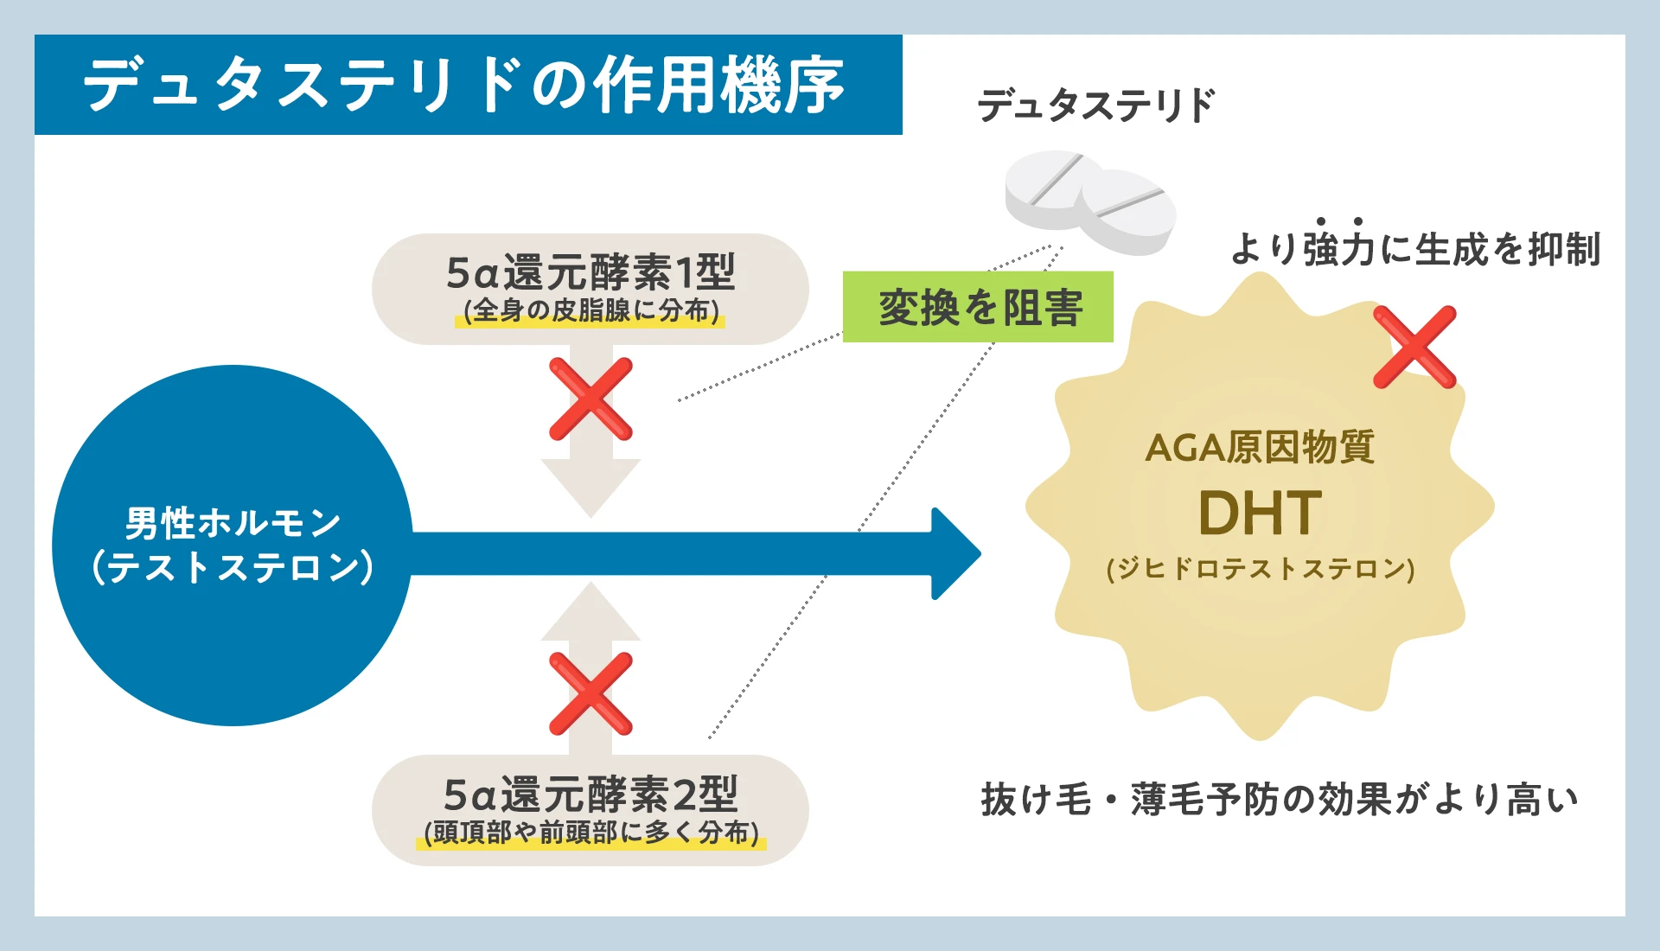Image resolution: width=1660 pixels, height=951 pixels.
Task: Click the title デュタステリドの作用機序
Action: (464, 85)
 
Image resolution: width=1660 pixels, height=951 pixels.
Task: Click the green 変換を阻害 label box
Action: (978, 307)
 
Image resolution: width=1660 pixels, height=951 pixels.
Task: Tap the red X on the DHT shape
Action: (1414, 347)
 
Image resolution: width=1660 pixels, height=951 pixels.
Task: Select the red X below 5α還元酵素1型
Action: (591, 399)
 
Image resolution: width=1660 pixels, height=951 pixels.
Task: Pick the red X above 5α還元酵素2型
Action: (591, 693)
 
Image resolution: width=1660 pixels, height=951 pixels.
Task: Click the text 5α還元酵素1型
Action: (591, 272)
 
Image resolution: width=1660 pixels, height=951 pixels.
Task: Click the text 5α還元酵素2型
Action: (591, 794)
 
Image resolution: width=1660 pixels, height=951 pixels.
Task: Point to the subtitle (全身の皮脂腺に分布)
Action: (591, 311)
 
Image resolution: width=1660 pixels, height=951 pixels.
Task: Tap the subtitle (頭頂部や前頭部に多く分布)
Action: (591, 833)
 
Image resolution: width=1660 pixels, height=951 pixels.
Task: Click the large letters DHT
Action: (1260, 514)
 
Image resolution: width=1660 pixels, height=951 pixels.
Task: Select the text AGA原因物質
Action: (1260, 448)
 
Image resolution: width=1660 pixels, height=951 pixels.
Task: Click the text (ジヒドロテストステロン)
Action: (1260, 569)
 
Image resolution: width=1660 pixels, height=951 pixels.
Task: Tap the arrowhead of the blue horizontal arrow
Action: (954, 553)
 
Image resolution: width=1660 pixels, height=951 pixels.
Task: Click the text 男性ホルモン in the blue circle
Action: (233, 523)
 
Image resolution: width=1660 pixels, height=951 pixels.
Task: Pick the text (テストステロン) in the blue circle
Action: (233, 568)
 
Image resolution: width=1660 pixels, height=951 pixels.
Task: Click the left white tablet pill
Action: (1050, 188)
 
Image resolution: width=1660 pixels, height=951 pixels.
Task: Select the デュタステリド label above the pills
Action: (1095, 105)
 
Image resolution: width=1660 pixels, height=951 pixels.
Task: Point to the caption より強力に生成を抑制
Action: (1414, 249)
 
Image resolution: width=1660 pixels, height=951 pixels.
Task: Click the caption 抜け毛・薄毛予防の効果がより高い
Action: (1280, 799)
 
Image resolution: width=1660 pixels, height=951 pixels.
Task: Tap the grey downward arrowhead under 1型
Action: (591, 488)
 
